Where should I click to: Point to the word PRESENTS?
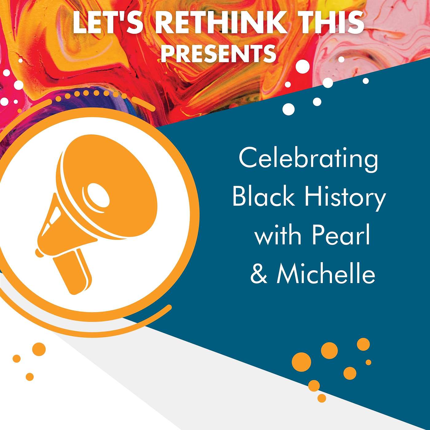tap(218, 53)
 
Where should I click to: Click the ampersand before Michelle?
tap(259, 274)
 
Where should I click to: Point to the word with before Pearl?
tap(278, 236)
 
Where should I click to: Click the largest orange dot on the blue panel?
tap(301, 362)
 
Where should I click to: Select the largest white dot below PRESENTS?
tap(303, 65)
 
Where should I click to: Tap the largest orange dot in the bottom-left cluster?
tap(39, 349)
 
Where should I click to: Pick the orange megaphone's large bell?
tap(111, 187)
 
